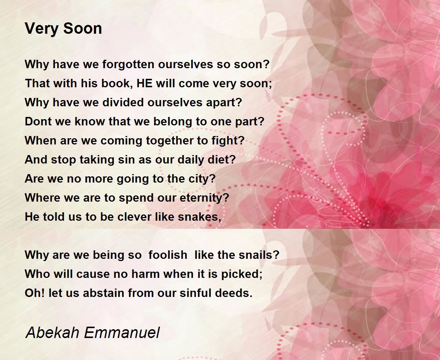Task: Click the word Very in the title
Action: coord(41,29)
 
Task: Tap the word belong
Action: coord(173,122)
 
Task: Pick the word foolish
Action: coord(168,255)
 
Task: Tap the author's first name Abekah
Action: coord(52,332)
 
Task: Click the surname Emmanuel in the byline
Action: coord(122,332)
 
